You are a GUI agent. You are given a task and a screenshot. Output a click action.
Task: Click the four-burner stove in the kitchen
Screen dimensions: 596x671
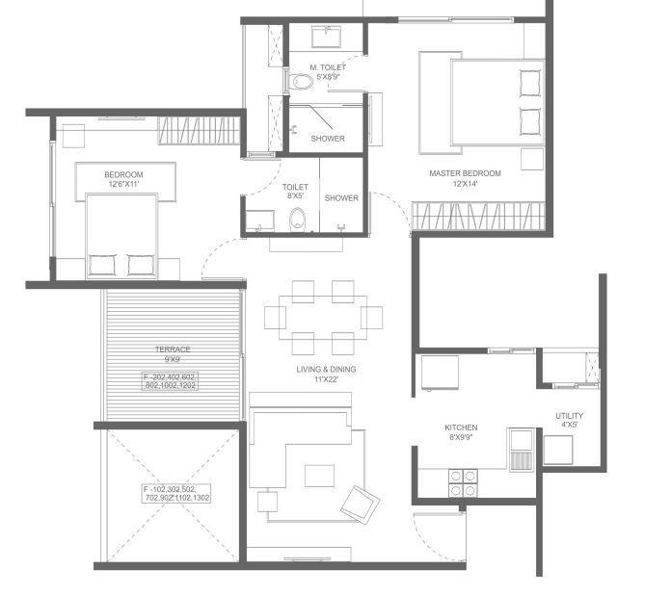458,481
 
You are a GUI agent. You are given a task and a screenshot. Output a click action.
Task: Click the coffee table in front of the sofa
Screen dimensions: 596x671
319,476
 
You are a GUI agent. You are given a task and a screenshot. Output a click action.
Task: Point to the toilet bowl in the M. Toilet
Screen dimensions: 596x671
299,83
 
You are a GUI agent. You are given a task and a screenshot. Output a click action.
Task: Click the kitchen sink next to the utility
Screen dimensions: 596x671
521,446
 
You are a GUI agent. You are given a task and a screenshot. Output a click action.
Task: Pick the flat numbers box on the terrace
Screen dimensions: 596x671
169,380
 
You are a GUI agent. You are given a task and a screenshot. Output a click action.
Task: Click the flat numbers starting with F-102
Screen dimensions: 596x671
176,493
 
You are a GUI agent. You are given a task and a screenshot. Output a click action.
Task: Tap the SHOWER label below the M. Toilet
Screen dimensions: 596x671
328,139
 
